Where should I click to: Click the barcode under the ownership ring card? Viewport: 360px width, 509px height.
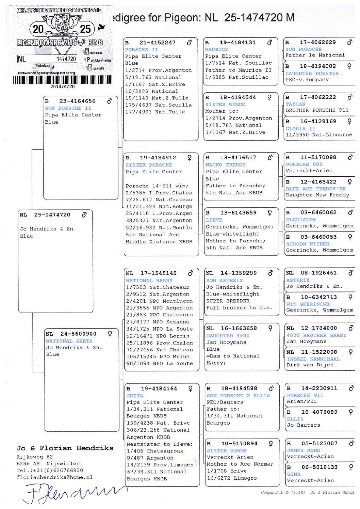63,80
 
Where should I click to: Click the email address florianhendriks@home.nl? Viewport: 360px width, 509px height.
54,477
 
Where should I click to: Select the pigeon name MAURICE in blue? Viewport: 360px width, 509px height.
216,49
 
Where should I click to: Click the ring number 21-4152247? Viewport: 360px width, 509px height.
157,43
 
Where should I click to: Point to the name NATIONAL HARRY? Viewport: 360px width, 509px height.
149,281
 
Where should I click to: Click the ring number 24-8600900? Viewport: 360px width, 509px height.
78,334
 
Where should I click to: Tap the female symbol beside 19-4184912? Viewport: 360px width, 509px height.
189,158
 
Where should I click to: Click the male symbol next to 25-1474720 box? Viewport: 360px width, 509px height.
84,215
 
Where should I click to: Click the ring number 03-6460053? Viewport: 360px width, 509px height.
318,237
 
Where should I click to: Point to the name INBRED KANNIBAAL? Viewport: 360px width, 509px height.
313,359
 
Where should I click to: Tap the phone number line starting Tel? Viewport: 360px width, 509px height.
50,470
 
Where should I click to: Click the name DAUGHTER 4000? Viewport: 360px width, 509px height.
228,335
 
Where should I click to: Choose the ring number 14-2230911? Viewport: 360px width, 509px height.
319,388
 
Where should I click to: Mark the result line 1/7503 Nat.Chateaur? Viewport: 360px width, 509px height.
157,287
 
